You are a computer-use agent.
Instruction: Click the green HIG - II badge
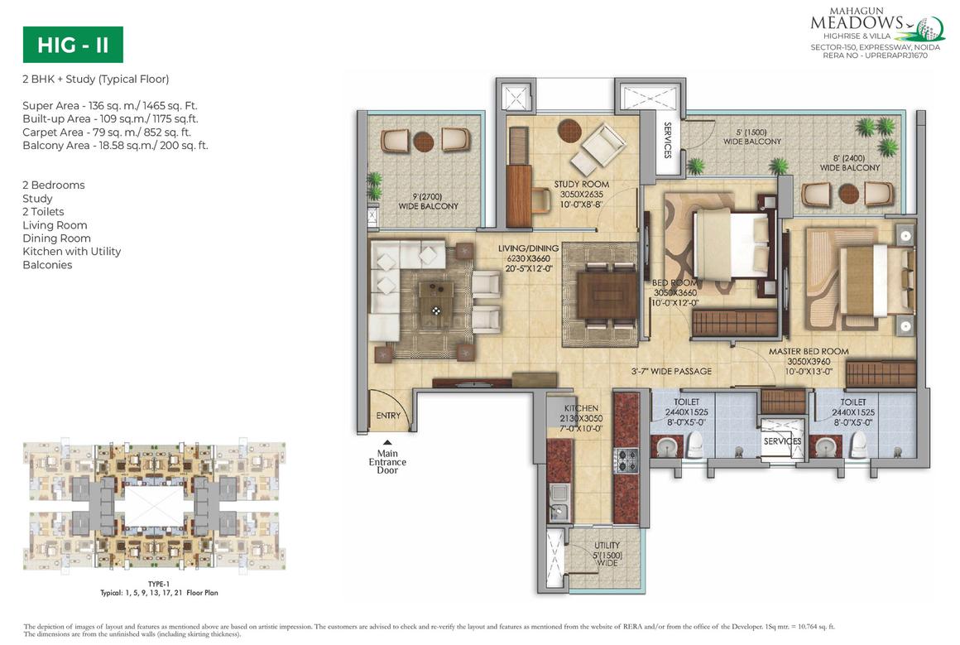point(73,45)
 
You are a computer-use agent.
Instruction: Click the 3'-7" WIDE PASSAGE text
point(670,371)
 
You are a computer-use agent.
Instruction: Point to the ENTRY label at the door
point(387,416)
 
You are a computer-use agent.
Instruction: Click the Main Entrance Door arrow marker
point(386,444)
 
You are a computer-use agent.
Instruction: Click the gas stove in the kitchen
point(626,459)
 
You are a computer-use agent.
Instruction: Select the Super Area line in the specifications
point(110,105)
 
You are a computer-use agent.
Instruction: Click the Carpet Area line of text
point(107,132)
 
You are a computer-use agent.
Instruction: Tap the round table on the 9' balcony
point(423,142)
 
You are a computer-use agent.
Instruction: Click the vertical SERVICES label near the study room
point(667,142)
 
